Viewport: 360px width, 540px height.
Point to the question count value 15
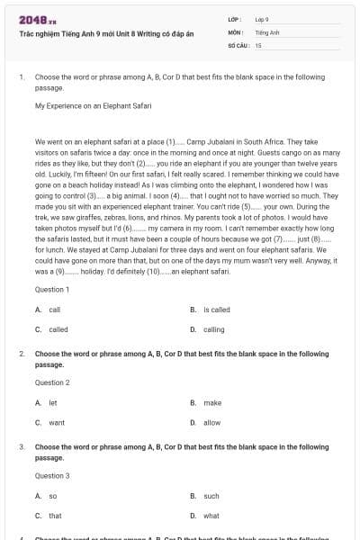click(x=258, y=44)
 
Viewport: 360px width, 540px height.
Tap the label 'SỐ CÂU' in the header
click(x=238, y=44)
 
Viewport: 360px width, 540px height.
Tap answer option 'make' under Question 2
click(x=212, y=402)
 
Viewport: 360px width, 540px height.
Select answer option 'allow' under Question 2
click(x=211, y=422)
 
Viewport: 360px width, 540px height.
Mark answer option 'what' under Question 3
click(x=211, y=516)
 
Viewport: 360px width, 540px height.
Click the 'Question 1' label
click(x=52, y=290)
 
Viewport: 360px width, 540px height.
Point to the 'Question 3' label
click(x=52, y=475)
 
